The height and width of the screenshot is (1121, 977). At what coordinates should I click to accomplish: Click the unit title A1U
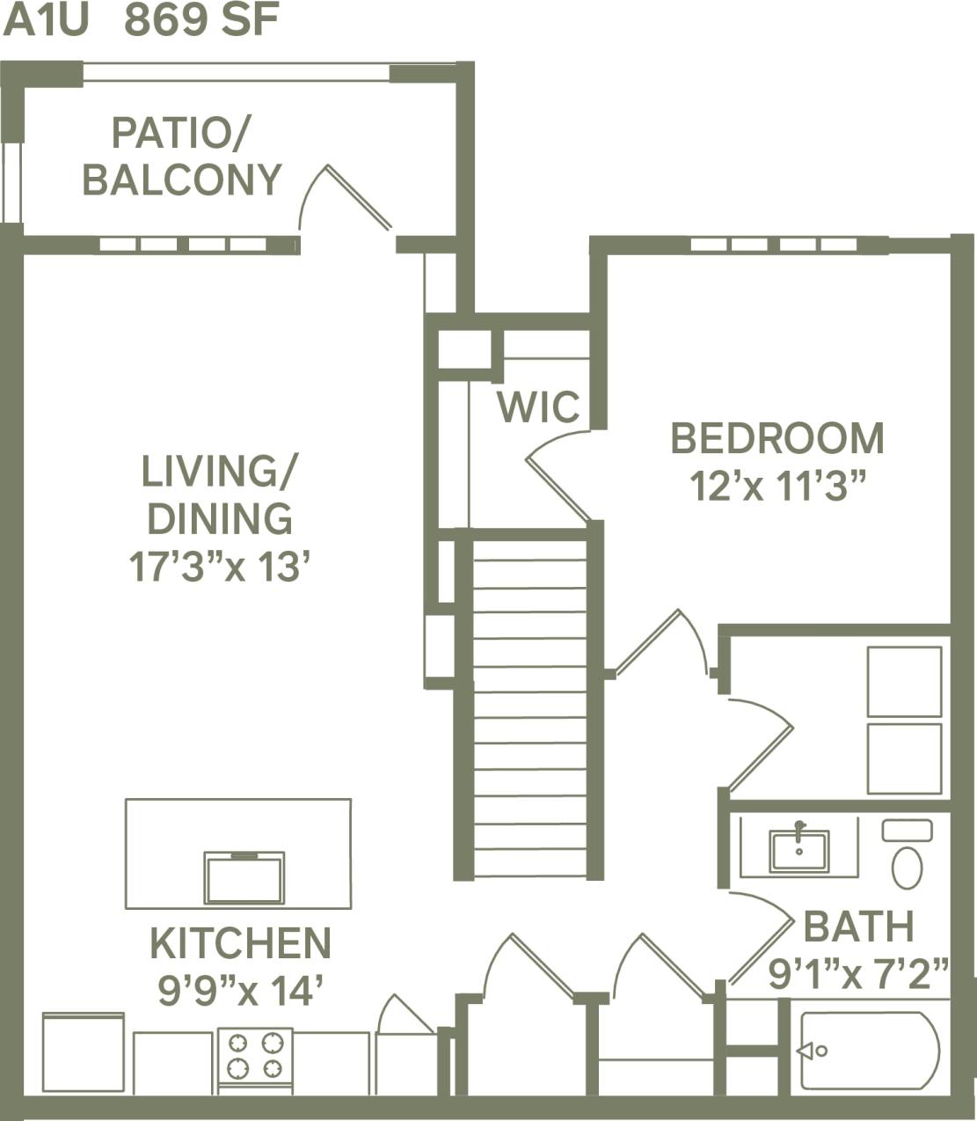pos(46,21)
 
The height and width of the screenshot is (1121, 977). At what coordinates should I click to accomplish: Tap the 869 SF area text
pos(202,21)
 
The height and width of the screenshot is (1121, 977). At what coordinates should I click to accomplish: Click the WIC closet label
pos(538,407)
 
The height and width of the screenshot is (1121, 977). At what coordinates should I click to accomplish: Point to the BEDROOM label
pos(777,438)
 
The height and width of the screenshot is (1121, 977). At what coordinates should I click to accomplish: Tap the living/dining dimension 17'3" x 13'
pos(221,566)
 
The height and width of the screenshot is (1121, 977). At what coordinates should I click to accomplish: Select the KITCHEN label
pos(240,943)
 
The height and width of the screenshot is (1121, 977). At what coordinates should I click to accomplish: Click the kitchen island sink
pos(244,877)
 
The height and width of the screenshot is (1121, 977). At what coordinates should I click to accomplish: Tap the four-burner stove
pos(255,1056)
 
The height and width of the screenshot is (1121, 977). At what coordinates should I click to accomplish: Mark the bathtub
pos(870,1051)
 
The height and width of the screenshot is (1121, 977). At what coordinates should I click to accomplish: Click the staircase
pos(529,708)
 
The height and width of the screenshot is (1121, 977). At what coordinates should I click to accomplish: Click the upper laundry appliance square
pos(904,682)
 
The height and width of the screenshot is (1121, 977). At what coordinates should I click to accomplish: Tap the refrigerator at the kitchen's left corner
pos(84,1052)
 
